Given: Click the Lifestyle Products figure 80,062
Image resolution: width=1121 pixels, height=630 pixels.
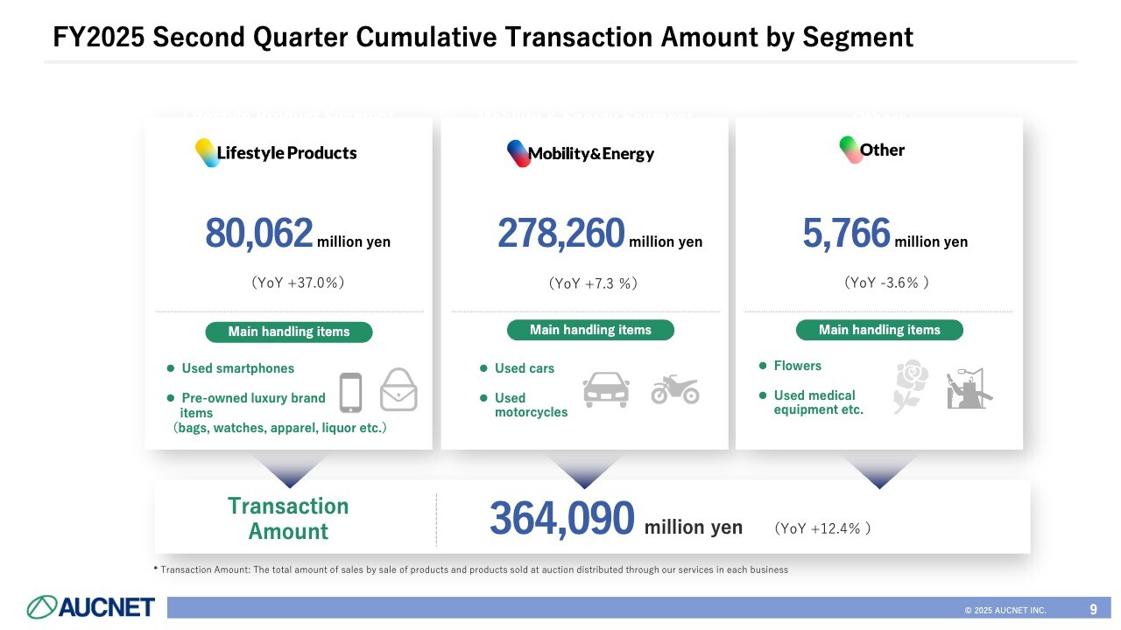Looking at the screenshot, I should [x=259, y=234].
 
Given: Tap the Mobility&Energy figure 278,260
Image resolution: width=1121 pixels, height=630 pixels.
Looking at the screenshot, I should [x=561, y=234].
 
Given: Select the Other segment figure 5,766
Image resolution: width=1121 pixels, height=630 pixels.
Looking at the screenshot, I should [x=846, y=234].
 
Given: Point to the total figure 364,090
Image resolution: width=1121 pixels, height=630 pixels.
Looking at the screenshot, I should [x=561, y=519].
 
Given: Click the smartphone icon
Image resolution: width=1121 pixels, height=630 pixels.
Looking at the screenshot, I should [x=350, y=392].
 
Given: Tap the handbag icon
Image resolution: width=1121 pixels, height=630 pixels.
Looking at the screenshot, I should [x=398, y=389].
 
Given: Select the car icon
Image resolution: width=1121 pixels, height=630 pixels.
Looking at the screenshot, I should [x=606, y=389].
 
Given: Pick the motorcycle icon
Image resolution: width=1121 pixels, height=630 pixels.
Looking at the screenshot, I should [x=675, y=389].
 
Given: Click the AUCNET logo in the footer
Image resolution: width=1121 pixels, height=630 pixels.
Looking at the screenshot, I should [x=91, y=606].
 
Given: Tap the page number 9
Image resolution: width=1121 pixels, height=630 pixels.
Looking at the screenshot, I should [x=1093, y=609].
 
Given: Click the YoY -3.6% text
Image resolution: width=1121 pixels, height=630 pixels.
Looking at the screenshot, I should [x=886, y=283].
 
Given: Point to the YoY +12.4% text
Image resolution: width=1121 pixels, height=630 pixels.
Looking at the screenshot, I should [x=822, y=528].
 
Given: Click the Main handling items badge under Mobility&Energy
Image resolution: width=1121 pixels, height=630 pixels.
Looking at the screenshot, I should [x=590, y=330].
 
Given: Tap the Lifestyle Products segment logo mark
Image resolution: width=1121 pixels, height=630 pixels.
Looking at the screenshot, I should [x=206, y=152].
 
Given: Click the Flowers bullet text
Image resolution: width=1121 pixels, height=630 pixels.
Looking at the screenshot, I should [x=797, y=366].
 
